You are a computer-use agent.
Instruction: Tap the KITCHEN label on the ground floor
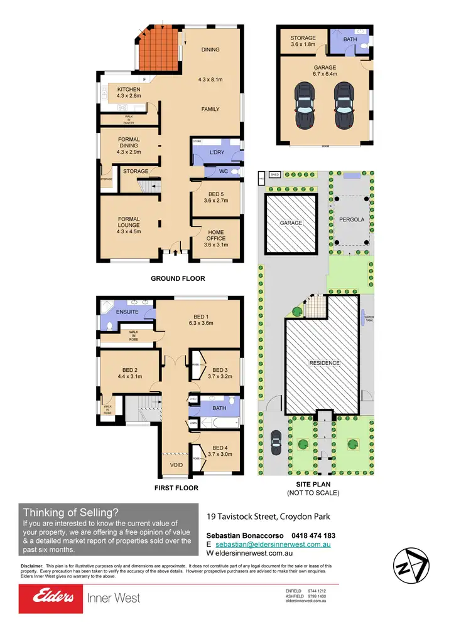coord(128,90)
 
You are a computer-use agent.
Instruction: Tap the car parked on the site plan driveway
coord(275,443)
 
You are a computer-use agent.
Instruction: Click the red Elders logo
coord(50,598)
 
